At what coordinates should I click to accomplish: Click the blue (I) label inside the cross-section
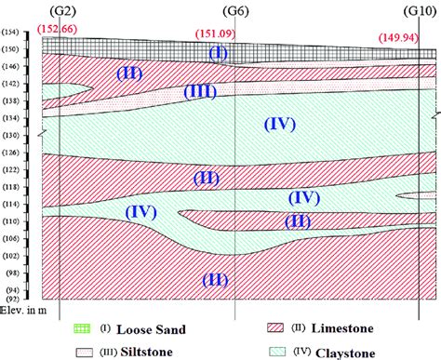point(219,53)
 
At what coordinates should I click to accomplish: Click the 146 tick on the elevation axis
point(12,70)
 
